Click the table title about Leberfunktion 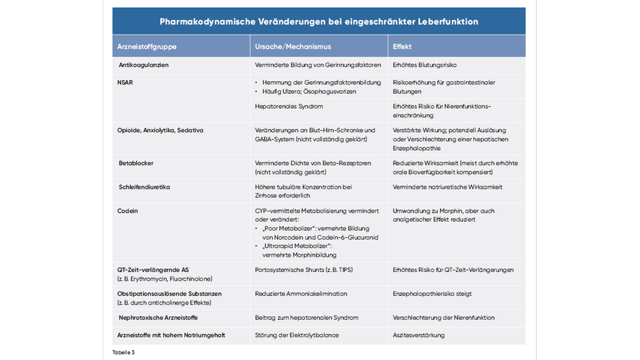[x=319, y=21]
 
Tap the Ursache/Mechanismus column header [x=293, y=47]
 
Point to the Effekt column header [x=403, y=47]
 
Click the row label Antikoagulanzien [x=143, y=65]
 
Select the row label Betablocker [x=136, y=163]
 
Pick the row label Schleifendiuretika [x=144, y=187]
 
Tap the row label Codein [x=127, y=211]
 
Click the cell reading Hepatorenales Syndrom [x=289, y=107]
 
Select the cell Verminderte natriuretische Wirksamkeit [x=447, y=187]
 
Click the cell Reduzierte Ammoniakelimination [x=301, y=293]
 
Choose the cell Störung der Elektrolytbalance [x=297, y=335]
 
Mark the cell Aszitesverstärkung [x=419, y=335]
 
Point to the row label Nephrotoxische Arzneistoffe [x=158, y=318]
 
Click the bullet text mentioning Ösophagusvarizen [x=309, y=91]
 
